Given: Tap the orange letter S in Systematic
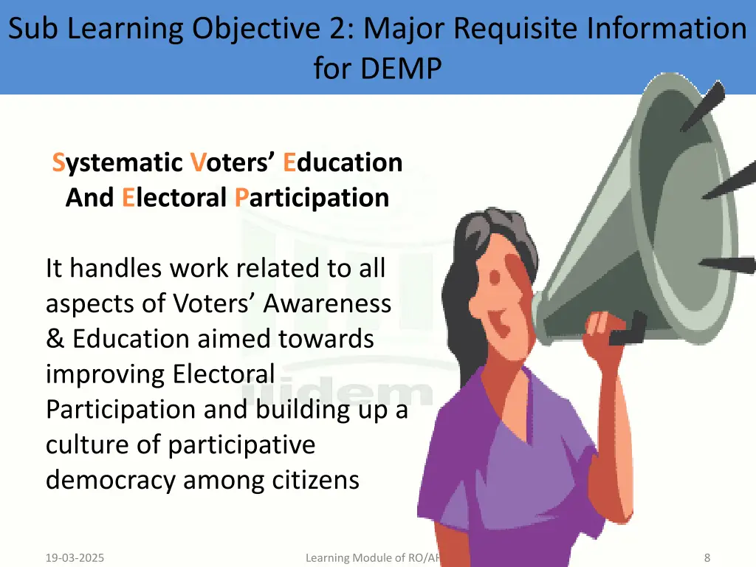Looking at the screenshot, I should pyautogui.click(x=58, y=162).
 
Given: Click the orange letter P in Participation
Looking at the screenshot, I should pyautogui.click(x=241, y=198).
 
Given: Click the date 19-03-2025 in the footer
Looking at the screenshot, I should pyautogui.click(x=75, y=558).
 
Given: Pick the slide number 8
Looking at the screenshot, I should pyautogui.click(x=707, y=558).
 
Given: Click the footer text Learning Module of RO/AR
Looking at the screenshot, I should pyautogui.click(x=373, y=558).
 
